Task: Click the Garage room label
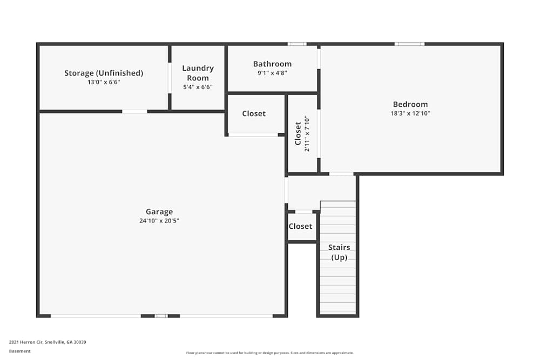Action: (x=159, y=212)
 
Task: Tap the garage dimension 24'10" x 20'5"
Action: (x=159, y=220)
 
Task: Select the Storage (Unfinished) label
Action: (x=104, y=73)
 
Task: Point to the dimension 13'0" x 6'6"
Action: (x=104, y=82)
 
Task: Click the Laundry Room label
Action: (x=198, y=73)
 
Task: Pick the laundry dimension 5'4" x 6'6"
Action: (x=198, y=87)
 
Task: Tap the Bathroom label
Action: (x=272, y=64)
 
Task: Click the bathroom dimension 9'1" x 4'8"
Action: (x=272, y=73)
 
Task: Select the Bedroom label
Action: (x=410, y=104)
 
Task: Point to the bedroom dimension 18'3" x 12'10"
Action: (x=410, y=113)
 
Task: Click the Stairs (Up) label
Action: (x=339, y=252)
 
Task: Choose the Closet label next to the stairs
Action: (x=300, y=226)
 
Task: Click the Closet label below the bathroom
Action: (x=254, y=113)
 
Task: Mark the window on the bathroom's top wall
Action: (x=296, y=44)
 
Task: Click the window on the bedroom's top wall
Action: (x=409, y=44)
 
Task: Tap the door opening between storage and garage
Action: (x=134, y=112)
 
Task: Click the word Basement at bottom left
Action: (x=20, y=351)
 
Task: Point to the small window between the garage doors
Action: (x=161, y=316)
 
